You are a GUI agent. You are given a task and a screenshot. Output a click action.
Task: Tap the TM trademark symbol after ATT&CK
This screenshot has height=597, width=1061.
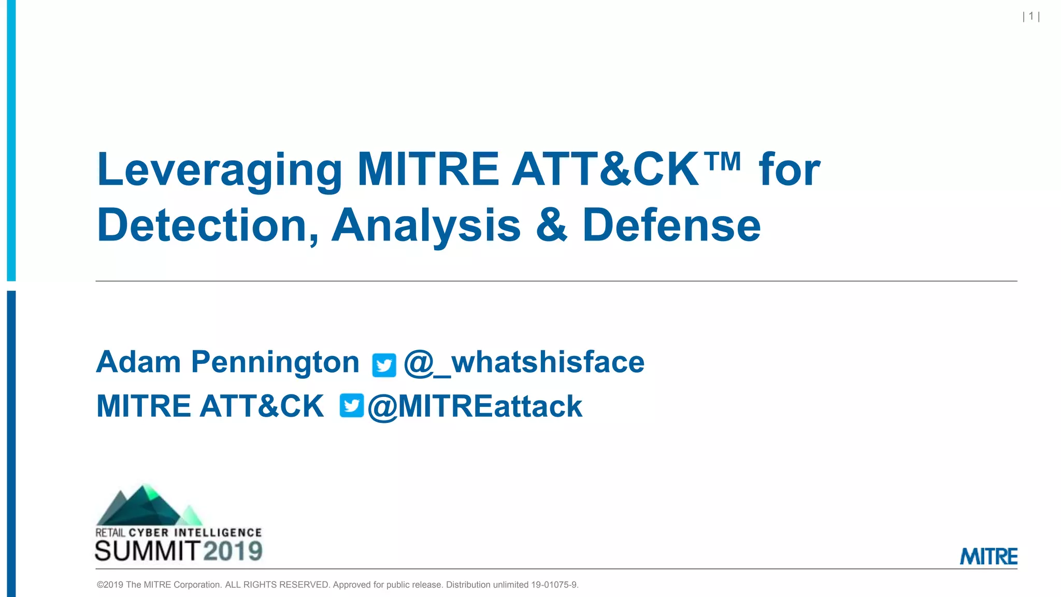tap(723, 161)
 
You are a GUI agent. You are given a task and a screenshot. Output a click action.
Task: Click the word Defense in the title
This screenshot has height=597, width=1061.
tap(671, 225)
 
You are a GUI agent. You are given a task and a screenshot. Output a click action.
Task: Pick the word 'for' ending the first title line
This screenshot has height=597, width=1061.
tap(790, 170)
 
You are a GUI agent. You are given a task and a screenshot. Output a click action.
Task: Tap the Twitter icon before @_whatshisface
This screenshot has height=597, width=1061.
tap(384, 365)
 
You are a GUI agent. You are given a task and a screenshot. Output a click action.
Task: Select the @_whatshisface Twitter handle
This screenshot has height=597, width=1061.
tap(524, 362)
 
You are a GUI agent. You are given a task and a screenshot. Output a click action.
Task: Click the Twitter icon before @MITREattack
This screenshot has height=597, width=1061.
tap(352, 405)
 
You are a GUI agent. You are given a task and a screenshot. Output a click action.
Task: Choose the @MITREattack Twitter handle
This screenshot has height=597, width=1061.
tap(475, 406)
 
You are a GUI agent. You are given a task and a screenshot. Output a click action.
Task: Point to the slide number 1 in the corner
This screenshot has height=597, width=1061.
tap(1031, 17)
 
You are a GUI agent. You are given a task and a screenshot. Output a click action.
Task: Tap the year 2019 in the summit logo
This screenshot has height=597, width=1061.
tap(233, 551)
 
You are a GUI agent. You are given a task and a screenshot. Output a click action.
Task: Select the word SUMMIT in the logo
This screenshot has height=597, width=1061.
tap(148, 551)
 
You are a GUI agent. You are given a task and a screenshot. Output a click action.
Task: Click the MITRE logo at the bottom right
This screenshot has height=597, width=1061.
tap(988, 557)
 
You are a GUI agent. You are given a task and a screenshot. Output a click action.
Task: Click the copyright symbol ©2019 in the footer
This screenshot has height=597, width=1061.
tap(110, 585)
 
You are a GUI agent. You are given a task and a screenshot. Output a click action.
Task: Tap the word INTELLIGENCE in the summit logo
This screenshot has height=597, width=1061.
tap(218, 533)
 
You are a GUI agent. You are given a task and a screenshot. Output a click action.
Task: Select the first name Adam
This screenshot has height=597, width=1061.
tap(138, 362)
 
